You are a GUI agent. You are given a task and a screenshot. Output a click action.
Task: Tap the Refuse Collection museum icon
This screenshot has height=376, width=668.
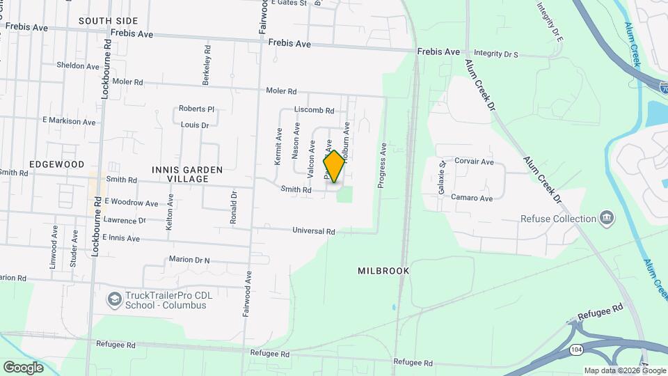click(607, 219)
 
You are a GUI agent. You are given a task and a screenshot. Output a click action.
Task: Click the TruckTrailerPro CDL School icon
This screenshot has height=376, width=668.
click(112, 300)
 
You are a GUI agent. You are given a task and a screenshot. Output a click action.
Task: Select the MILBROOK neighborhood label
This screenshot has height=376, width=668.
click(384, 270)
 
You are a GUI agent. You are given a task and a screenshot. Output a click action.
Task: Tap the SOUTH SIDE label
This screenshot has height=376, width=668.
click(108, 21)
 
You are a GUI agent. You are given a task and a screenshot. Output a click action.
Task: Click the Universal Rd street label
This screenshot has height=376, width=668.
click(314, 231)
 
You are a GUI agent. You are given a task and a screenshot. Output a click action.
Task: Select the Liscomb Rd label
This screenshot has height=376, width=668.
click(315, 110)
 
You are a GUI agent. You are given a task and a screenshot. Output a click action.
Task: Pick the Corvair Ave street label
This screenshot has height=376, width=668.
click(473, 162)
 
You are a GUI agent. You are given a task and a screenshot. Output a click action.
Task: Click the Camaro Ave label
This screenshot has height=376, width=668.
click(472, 198)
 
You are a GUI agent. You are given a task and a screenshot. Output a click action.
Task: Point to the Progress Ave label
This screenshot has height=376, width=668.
click(381, 166)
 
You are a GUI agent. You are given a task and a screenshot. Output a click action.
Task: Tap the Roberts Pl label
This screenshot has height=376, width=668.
click(196, 109)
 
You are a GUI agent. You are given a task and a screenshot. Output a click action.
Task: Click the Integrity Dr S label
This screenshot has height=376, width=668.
click(496, 53)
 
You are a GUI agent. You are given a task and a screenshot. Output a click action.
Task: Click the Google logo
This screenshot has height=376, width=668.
click(23, 367)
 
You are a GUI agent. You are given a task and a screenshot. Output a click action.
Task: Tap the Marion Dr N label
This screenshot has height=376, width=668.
click(189, 260)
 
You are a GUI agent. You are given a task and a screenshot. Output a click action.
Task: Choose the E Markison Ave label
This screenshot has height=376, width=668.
click(69, 121)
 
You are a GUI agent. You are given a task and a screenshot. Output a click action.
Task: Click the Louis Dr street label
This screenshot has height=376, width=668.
click(195, 125)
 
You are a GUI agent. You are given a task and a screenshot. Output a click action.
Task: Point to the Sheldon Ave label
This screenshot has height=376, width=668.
click(78, 66)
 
